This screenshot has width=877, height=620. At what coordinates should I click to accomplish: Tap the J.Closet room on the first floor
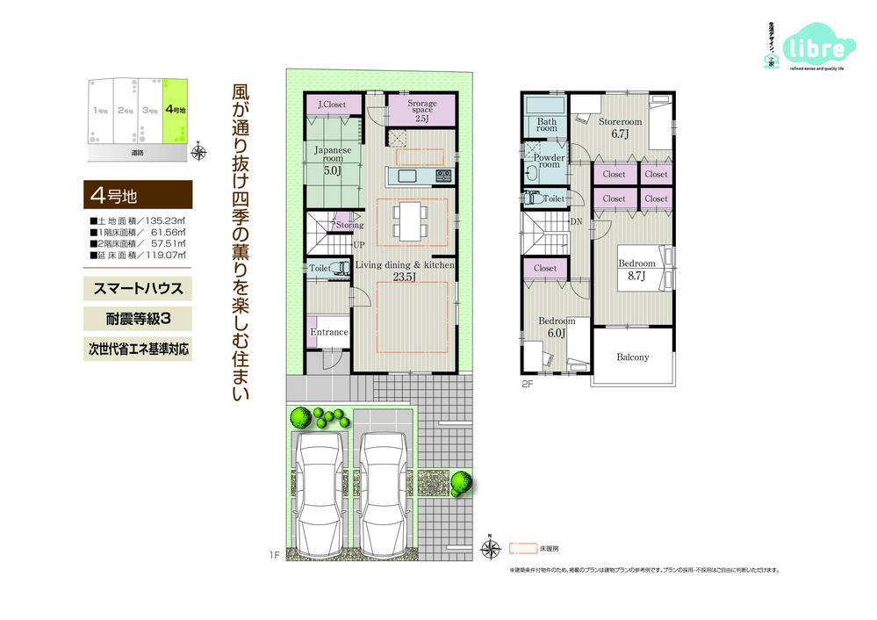point(332,105)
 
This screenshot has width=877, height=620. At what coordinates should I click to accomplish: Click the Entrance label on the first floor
point(328,333)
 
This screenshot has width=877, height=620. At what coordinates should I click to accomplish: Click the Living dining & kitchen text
point(404,263)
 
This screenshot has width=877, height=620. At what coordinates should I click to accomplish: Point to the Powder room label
point(549,162)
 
